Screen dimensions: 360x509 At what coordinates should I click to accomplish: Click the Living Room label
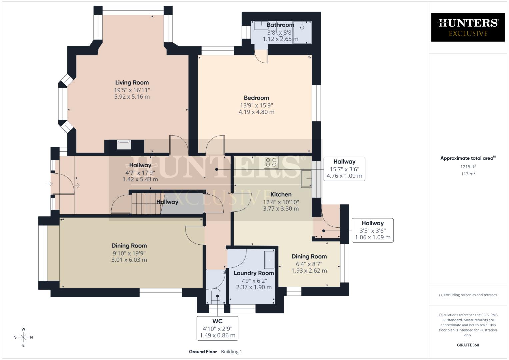[x=132, y=83]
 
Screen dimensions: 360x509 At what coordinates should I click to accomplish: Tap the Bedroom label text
[x=256, y=98]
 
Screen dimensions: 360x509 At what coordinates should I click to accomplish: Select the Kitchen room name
[x=281, y=194]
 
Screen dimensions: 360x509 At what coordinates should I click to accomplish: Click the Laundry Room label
[x=254, y=273]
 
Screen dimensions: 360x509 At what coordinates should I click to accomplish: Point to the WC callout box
[x=217, y=328]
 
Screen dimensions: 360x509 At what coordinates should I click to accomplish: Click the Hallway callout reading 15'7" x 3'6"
[x=344, y=169]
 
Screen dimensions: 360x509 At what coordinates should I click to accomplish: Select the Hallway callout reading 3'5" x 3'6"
[x=372, y=230]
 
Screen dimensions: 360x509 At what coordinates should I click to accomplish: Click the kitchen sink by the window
[x=306, y=179]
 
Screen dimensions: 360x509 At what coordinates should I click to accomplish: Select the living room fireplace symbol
[x=124, y=144]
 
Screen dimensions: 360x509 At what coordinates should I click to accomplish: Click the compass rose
[x=23, y=337]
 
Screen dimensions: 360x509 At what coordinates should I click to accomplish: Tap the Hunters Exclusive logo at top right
[x=468, y=27]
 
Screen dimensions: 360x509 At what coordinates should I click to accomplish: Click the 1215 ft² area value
[x=468, y=167]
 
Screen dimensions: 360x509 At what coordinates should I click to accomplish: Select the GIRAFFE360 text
[x=468, y=345]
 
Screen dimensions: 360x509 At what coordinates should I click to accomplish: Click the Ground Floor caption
[x=203, y=352]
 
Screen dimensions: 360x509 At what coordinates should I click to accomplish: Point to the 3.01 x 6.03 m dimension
[x=129, y=260]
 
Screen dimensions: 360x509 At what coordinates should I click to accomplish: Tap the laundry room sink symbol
[x=269, y=260]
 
